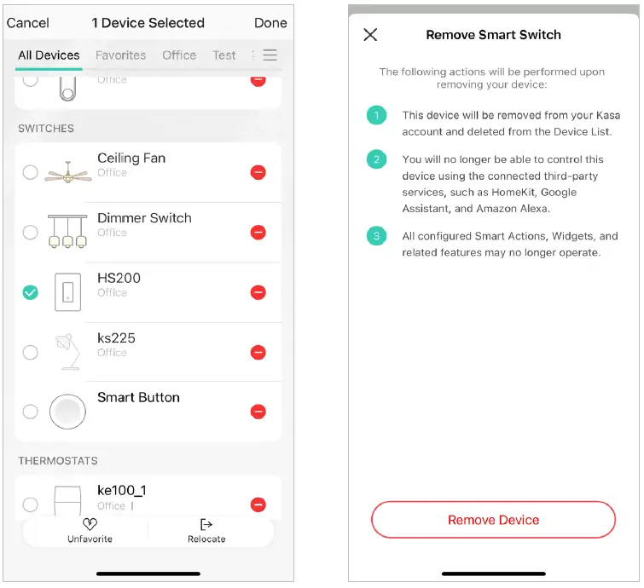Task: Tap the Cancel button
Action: pyautogui.click(x=28, y=23)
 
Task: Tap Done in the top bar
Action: pyautogui.click(x=270, y=23)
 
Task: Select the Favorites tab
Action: pyautogui.click(x=121, y=55)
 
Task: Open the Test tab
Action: pyautogui.click(x=223, y=55)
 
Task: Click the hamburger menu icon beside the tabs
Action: pyautogui.click(x=270, y=55)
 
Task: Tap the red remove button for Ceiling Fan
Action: pyautogui.click(x=258, y=172)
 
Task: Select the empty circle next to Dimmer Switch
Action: pyautogui.click(x=31, y=233)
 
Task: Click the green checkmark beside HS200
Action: pyautogui.click(x=31, y=292)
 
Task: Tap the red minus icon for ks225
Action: pyautogui.click(x=258, y=353)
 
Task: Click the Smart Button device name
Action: pyautogui.click(x=138, y=397)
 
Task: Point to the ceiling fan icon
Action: pyautogui.click(x=68, y=173)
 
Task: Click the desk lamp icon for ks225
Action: pyautogui.click(x=67, y=351)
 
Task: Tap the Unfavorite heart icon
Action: pyautogui.click(x=90, y=524)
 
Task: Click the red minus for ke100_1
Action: pyautogui.click(x=258, y=504)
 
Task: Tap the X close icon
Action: pyautogui.click(x=370, y=35)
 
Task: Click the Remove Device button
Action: pyautogui.click(x=493, y=520)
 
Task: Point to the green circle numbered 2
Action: pyautogui.click(x=377, y=159)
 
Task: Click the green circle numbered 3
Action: pyautogui.click(x=377, y=236)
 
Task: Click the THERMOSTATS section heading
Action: pyautogui.click(x=58, y=461)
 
